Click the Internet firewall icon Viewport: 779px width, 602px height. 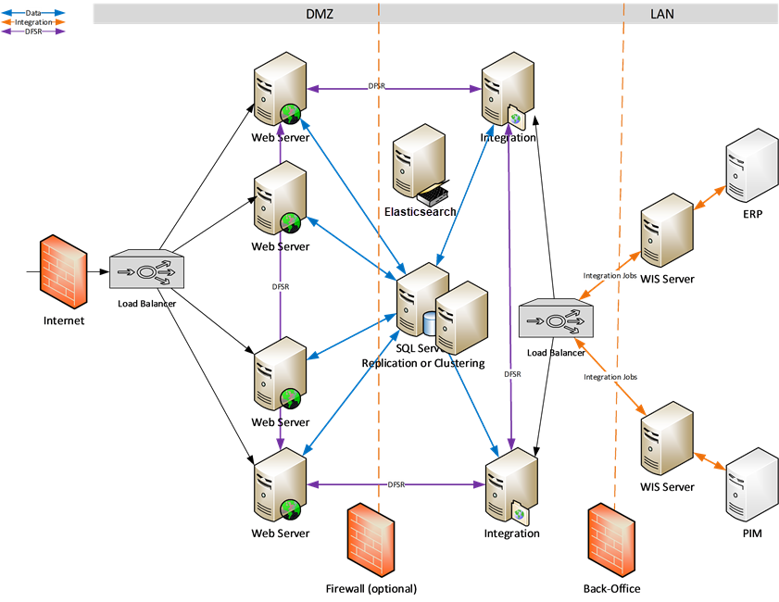tap(63, 273)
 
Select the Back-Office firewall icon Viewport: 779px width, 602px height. tap(611, 541)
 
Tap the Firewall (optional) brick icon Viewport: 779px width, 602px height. tap(371, 541)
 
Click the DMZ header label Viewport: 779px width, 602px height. tap(320, 13)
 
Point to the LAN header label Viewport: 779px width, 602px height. tap(662, 13)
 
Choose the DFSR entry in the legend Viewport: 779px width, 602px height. tap(33, 31)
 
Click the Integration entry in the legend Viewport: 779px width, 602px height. tap(33, 22)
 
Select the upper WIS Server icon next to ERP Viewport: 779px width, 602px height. tap(667, 232)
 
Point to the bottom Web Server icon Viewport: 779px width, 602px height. tap(280, 485)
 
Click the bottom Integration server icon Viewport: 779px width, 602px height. tap(509, 485)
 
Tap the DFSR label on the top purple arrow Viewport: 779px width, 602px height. tap(376, 86)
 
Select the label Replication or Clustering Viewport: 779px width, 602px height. tap(422, 363)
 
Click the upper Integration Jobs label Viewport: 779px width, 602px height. tap(609, 275)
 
